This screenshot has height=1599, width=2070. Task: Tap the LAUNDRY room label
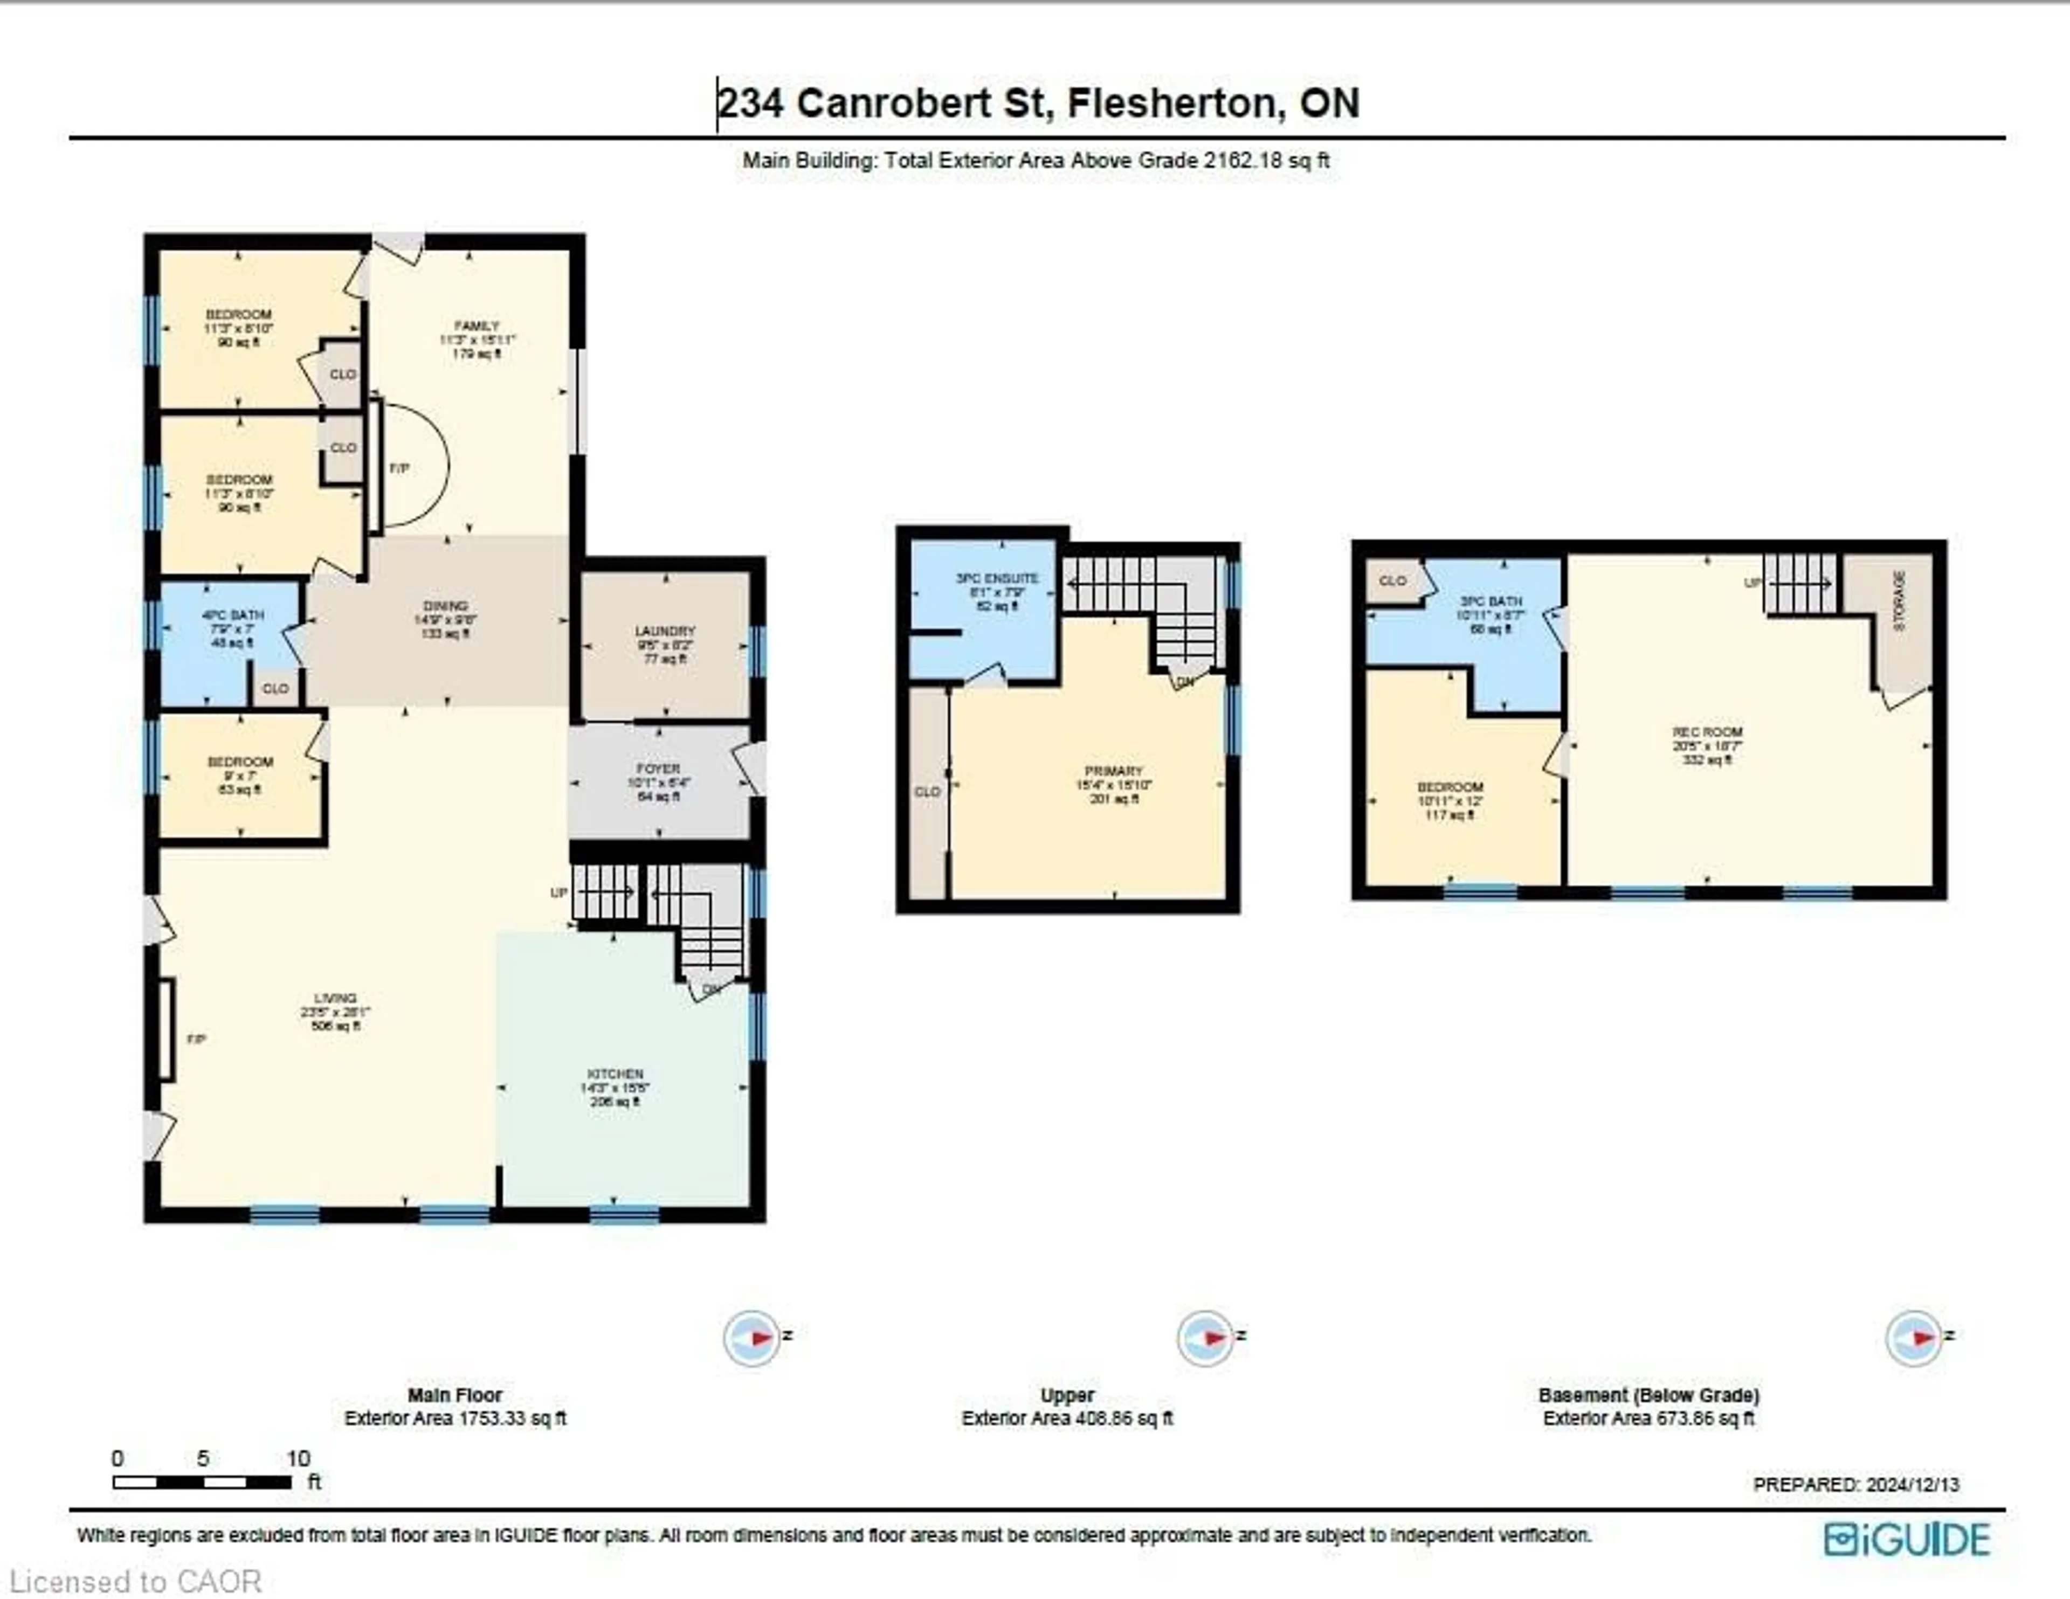[x=665, y=631]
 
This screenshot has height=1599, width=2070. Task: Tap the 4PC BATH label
[x=232, y=615]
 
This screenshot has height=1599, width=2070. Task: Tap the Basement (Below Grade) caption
[x=1648, y=1395]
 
